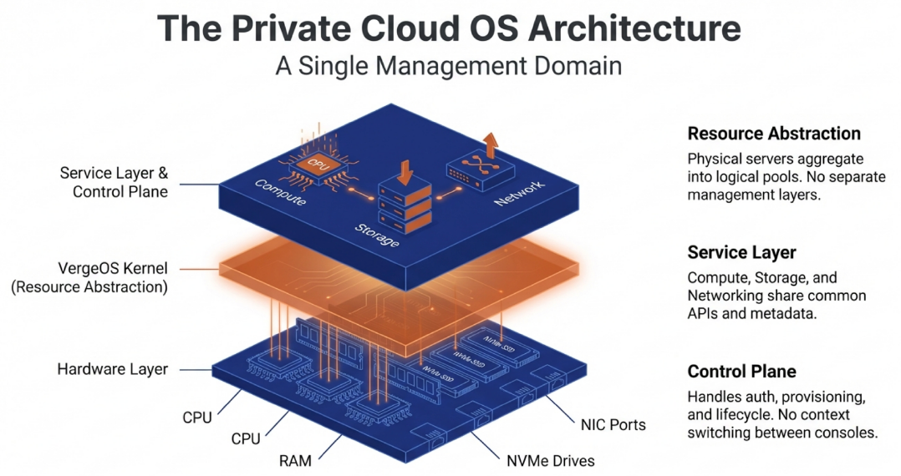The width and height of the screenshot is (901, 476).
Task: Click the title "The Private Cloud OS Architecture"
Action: point(449,28)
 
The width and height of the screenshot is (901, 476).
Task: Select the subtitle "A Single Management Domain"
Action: point(449,66)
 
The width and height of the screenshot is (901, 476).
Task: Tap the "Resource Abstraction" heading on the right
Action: point(773,134)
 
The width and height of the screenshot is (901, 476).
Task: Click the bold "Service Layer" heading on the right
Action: point(741,252)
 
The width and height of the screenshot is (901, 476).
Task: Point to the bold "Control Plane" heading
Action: point(741,372)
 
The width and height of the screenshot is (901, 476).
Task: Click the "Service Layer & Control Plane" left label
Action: point(115,182)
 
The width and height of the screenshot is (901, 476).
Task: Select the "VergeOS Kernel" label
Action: point(111,269)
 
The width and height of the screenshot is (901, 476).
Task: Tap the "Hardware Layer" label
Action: point(113,368)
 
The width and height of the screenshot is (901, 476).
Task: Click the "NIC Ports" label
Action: point(613,424)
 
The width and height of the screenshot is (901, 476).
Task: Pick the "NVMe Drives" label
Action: point(551,459)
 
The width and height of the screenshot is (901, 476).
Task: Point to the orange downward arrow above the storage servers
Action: point(407,170)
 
